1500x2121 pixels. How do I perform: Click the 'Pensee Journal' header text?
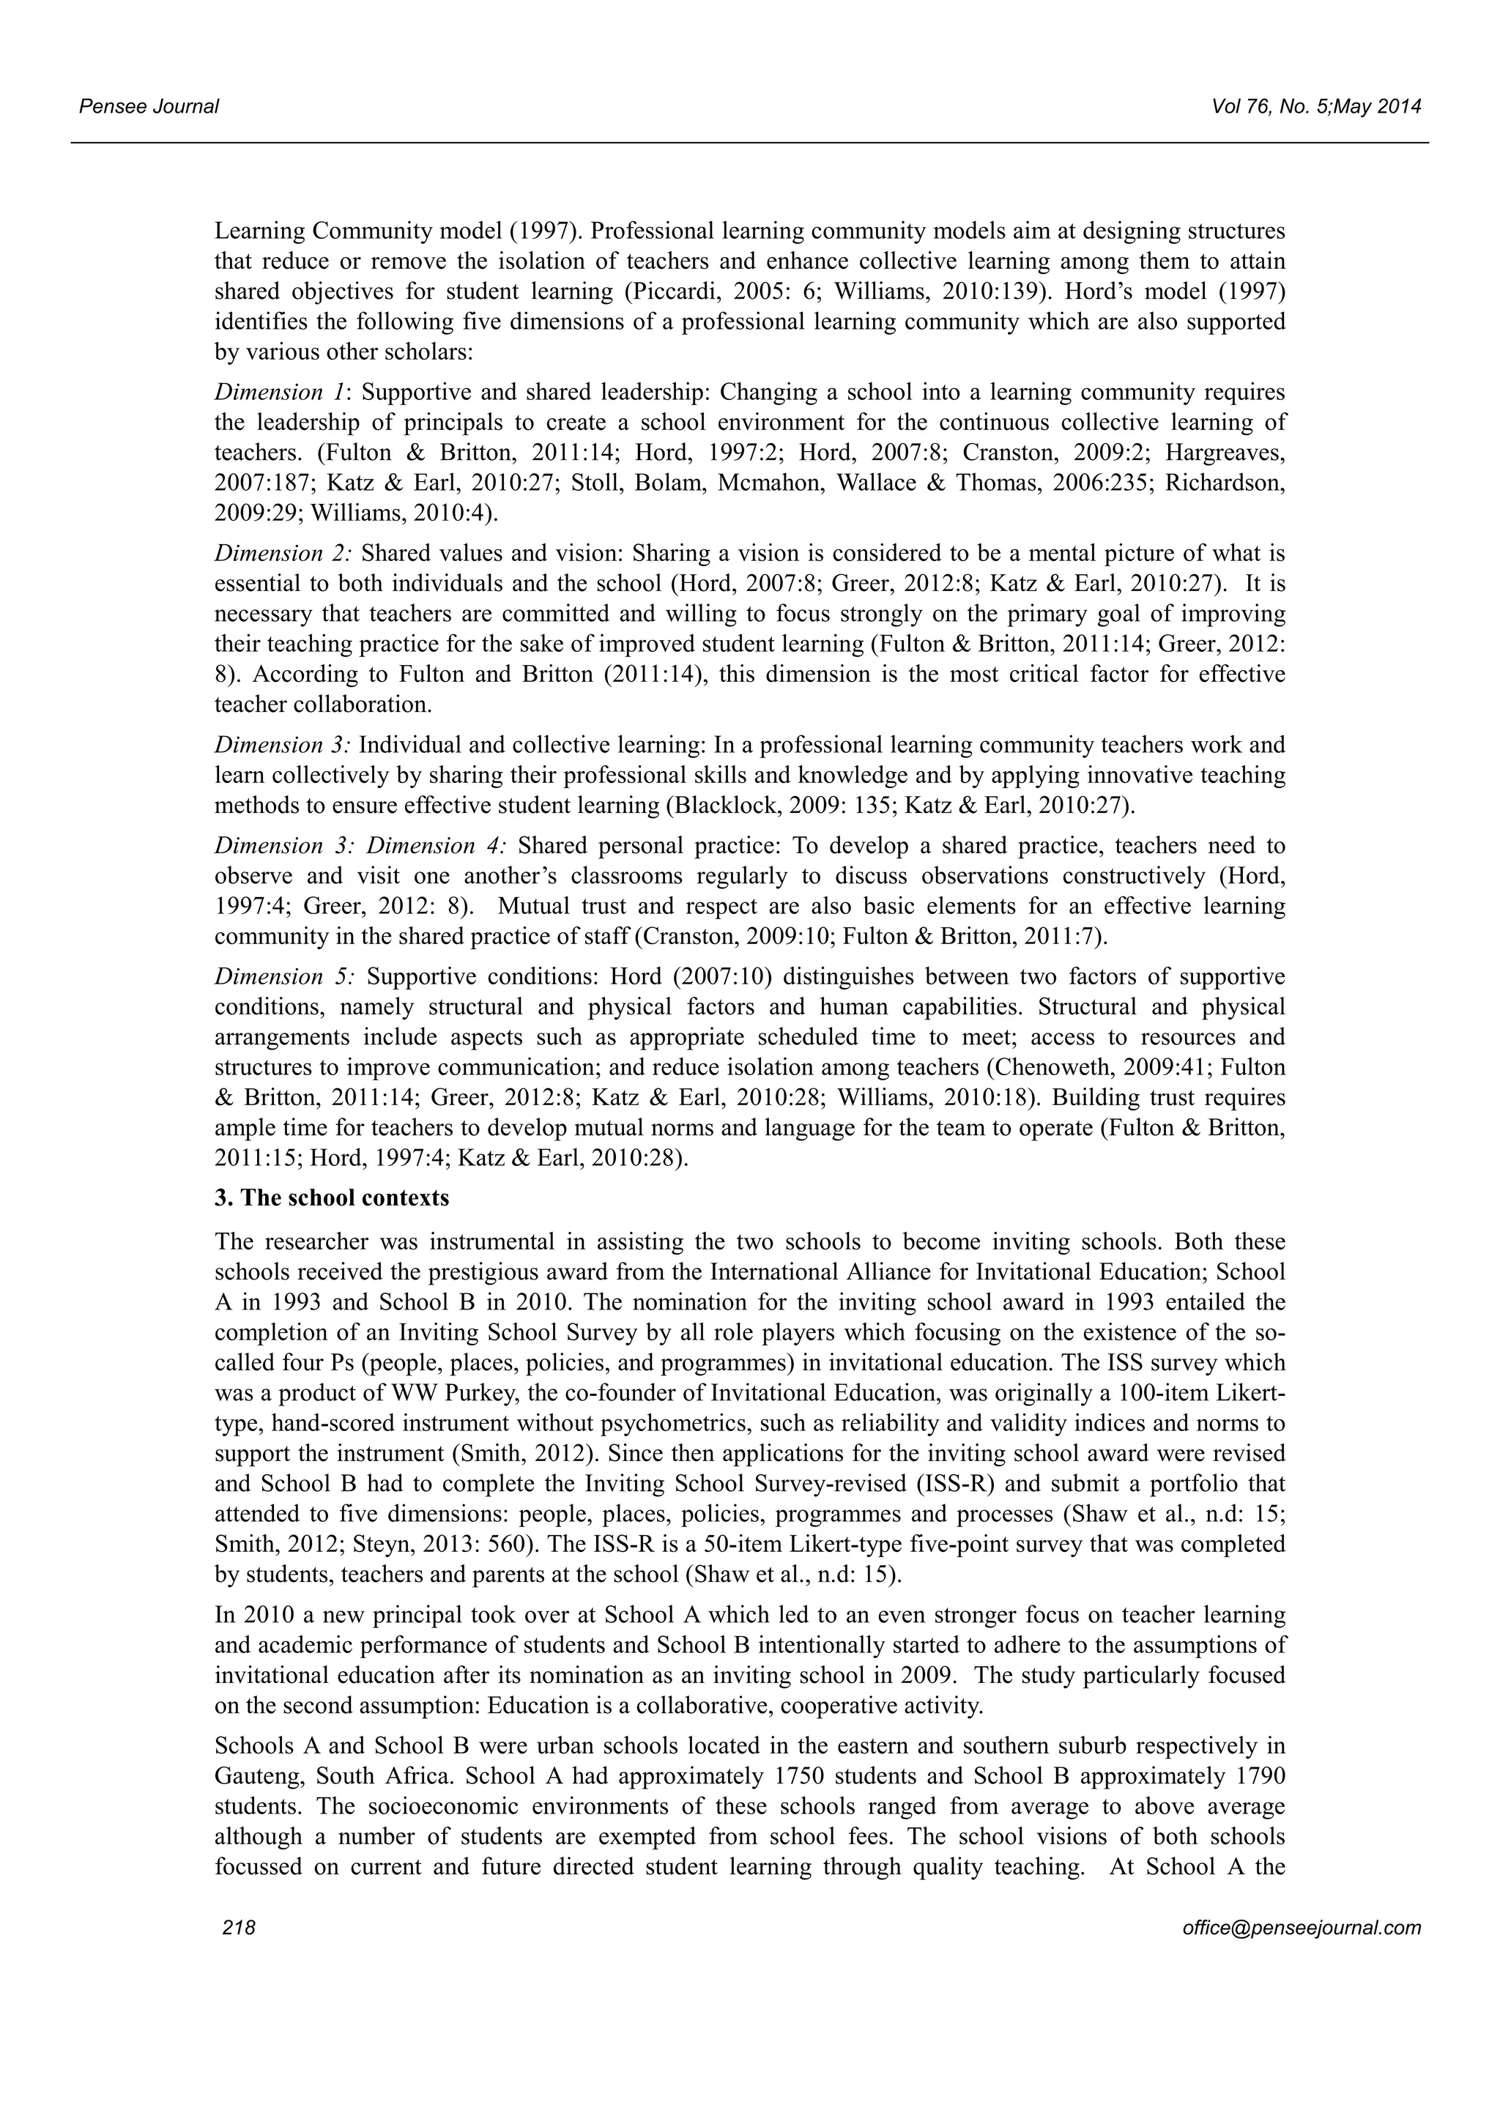tap(148, 106)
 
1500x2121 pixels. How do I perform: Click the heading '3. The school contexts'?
tap(332, 1198)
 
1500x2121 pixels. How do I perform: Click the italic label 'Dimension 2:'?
tap(283, 554)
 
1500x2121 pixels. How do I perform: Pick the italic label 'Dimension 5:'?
tap(283, 976)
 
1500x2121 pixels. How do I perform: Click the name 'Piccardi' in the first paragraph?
tap(666, 292)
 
